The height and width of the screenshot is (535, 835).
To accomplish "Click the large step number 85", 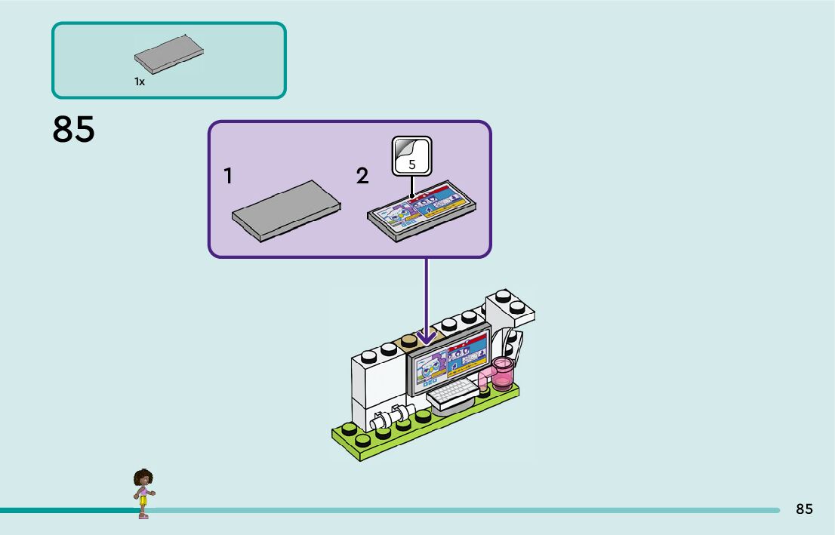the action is coord(73,129).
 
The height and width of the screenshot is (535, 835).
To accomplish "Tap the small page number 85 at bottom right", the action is coord(804,509).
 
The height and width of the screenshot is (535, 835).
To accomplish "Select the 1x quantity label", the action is coord(140,81).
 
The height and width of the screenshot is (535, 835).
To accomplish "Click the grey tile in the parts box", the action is coord(169,54).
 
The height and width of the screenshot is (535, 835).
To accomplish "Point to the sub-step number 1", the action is coord(229,177).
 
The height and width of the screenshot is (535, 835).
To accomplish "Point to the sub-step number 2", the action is coord(362,177).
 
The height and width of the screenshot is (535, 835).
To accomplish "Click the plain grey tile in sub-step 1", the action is coord(286,211).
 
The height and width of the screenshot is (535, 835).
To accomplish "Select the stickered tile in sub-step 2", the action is coord(421,211).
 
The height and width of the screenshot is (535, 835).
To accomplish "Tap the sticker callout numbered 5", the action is coord(411,156).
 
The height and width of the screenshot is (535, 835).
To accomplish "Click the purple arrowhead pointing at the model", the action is coord(426,337).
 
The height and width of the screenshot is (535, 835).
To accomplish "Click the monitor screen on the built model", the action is coord(448,360).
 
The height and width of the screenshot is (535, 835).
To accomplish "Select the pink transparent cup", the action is coord(502,374).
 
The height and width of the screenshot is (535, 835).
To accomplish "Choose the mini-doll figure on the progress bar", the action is coord(143,493).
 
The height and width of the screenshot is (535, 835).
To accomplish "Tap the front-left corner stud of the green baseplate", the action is coord(362,440).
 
